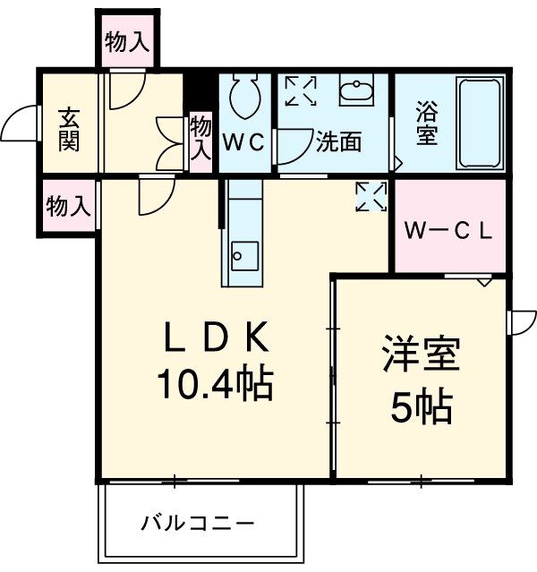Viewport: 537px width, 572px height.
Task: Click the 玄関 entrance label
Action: pos(69,129)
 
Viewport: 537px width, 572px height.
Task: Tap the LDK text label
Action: pos(215,339)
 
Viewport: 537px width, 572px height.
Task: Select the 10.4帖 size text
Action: pos(215,384)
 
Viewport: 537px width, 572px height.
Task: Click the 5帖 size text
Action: pos(420,408)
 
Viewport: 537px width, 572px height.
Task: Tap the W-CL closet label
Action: pos(447,230)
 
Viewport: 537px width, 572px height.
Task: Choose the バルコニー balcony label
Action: pos(198,522)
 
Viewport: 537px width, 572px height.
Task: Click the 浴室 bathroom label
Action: pos(425,126)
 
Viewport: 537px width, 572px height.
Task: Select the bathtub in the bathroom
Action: pos(481,124)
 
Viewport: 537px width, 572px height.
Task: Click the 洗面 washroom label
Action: pos(338,142)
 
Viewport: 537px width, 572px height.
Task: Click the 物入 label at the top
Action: pos(127,41)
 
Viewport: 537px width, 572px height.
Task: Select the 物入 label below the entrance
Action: pos(68,207)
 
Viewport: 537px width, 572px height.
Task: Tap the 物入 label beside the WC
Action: pos(200,139)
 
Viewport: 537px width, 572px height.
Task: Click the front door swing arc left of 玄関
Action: pos(20,124)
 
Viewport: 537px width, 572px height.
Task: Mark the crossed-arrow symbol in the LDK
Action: pos(369,197)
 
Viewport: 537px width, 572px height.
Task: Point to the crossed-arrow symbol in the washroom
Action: pos(301,91)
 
